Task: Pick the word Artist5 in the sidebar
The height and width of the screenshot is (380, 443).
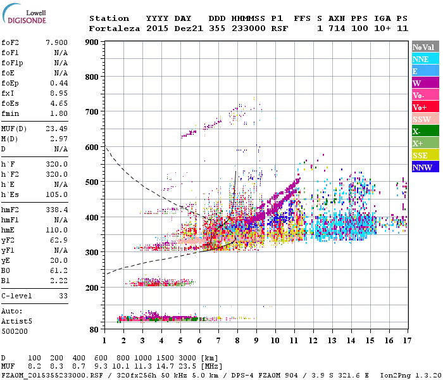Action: coord(16,321)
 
